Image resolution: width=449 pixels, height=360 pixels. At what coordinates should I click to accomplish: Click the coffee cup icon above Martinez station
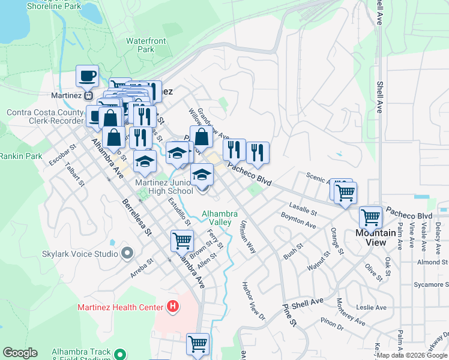point(88,76)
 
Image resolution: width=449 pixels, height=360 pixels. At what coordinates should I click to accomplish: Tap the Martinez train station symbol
point(89,95)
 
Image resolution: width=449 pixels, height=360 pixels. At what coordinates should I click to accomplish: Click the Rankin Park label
point(20,156)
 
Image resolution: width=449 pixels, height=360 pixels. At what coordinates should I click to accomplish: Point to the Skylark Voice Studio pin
point(127,253)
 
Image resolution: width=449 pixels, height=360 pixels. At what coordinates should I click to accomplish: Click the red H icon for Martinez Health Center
point(173,307)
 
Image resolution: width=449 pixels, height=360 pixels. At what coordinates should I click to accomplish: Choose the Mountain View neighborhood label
point(379,238)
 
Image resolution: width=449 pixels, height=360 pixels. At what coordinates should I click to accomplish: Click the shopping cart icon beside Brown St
point(182,241)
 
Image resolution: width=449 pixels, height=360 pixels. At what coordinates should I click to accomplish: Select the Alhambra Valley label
point(220,218)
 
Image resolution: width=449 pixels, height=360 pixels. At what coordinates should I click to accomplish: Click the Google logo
point(20,353)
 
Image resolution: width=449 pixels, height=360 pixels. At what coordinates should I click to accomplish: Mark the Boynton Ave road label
point(298,220)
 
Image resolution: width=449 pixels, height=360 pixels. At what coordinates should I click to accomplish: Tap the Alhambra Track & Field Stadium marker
point(120,355)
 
